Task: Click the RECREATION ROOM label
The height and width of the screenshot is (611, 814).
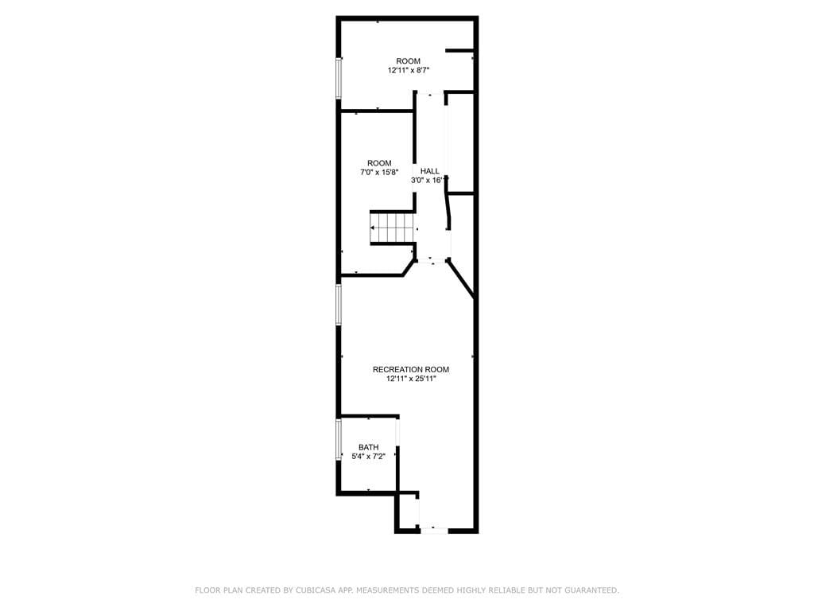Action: tap(410, 369)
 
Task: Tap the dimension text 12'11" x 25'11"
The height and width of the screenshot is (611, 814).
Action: tap(410, 379)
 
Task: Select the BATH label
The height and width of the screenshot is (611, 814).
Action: tap(368, 447)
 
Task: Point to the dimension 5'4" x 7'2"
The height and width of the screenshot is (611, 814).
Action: tap(368, 457)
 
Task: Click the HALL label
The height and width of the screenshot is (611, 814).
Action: tap(429, 171)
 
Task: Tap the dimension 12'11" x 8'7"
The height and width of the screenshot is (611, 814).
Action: tap(409, 71)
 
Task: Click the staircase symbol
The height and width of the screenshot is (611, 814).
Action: tap(393, 228)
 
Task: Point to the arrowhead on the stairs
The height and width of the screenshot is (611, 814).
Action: tap(374, 228)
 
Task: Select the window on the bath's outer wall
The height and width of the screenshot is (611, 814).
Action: tap(339, 439)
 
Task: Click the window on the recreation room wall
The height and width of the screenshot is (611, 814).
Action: tap(339, 305)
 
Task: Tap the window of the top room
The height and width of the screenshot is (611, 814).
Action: tap(339, 78)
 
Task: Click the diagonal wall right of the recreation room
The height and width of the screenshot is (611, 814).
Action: tap(461, 280)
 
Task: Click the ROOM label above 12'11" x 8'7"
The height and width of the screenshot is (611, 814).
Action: tap(409, 61)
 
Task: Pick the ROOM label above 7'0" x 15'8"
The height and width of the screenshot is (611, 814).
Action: tap(379, 163)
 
